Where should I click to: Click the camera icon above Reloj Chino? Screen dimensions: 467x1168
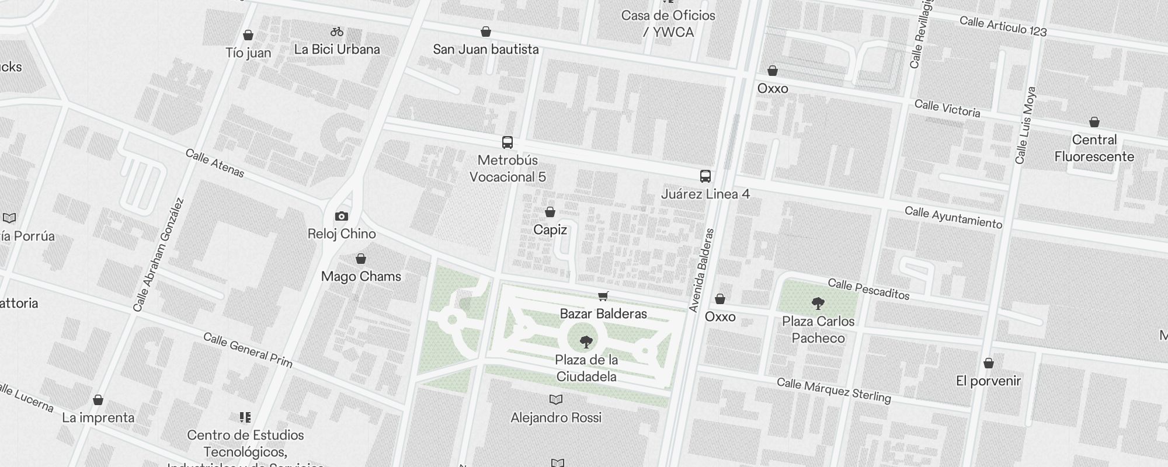click(x=342, y=217)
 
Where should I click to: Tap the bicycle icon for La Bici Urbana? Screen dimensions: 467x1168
click(x=337, y=32)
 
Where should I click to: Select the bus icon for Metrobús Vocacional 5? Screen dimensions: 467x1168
click(x=507, y=142)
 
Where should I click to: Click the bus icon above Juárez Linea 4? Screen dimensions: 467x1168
click(x=705, y=176)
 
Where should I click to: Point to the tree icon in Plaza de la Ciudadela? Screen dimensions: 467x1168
click(x=586, y=342)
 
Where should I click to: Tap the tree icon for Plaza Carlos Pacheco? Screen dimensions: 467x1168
click(x=818, y=304)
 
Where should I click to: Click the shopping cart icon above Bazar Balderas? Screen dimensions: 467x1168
click(x=603, y=297)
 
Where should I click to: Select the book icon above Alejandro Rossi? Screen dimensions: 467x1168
click(x=556, y=400)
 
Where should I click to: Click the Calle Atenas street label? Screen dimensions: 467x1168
click(x=215, y=163)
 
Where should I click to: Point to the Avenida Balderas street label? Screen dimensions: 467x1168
click(x=701, y=270)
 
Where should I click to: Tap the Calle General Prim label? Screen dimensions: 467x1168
click(x=248, y=350)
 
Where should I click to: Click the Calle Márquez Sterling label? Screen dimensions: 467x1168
click(x=833, y=391)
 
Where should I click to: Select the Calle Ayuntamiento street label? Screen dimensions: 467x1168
click(x=953, y=218)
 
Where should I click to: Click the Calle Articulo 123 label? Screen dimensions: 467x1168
click(x=1003, y=26)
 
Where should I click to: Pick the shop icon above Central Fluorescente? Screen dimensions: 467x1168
click(x=1094, y=123)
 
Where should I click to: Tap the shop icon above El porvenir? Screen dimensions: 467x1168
click(x=989, y=364)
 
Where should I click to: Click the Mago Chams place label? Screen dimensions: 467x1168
click(x=361, y=276)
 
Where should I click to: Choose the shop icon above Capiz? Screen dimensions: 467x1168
click(x=550, y=212)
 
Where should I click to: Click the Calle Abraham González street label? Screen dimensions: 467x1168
click(x=158, y=255)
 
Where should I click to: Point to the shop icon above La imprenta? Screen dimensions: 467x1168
click(x=98, y=400)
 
